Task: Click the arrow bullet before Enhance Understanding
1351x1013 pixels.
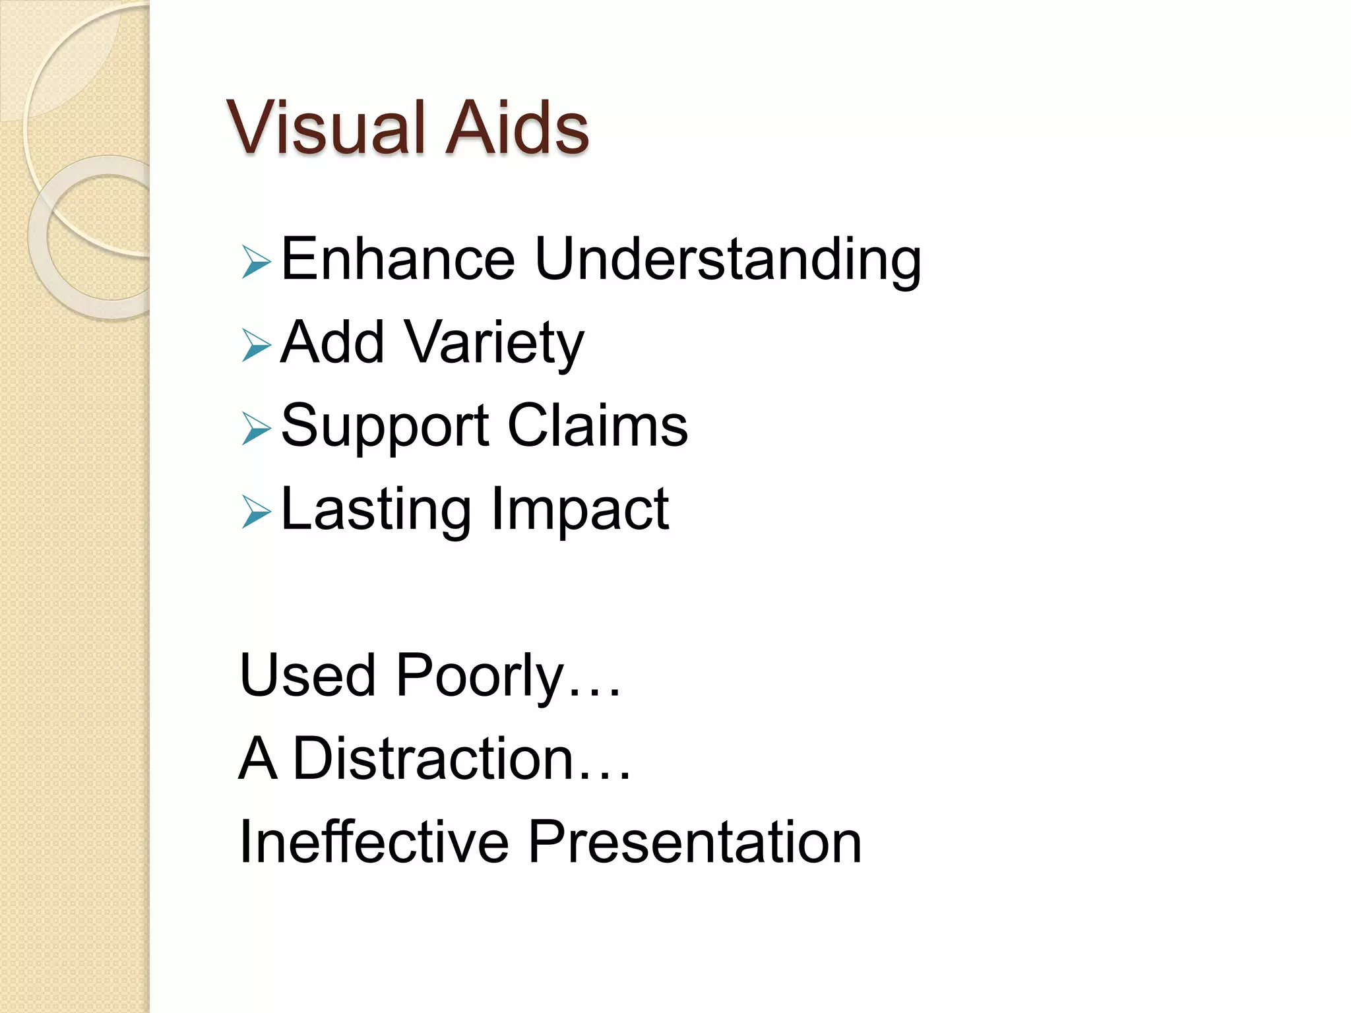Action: [256, 261]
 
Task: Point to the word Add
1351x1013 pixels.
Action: [332, 342]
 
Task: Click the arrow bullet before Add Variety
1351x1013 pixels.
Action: [256, 344]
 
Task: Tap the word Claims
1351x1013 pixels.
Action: [598, 425]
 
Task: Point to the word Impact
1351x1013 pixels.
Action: [580, 511]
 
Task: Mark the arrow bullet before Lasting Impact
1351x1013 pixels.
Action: [256, 511]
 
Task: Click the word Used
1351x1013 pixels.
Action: [307, 675]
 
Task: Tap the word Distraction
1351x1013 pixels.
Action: [433, 758]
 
